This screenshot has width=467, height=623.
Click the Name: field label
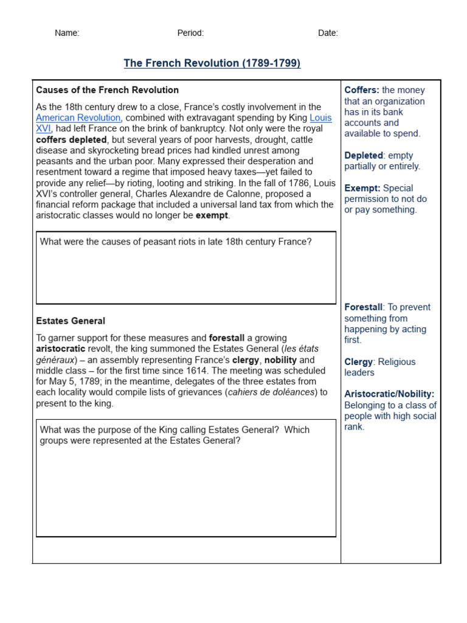67,33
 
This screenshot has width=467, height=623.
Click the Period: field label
190,33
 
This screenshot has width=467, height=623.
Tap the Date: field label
328,33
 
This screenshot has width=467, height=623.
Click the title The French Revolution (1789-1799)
212,63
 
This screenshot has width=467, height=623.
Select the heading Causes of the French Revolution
107,90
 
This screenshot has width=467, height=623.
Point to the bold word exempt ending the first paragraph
212,215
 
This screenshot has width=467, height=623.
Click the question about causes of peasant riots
175,242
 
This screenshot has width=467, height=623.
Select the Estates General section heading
71,321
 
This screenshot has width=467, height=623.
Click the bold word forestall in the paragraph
227,338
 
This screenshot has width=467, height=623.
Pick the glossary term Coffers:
362,90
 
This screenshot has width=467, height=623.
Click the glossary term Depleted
364,155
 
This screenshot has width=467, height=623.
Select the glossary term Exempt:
362,188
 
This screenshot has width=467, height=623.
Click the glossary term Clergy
358,361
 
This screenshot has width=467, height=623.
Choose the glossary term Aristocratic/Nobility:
389,394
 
